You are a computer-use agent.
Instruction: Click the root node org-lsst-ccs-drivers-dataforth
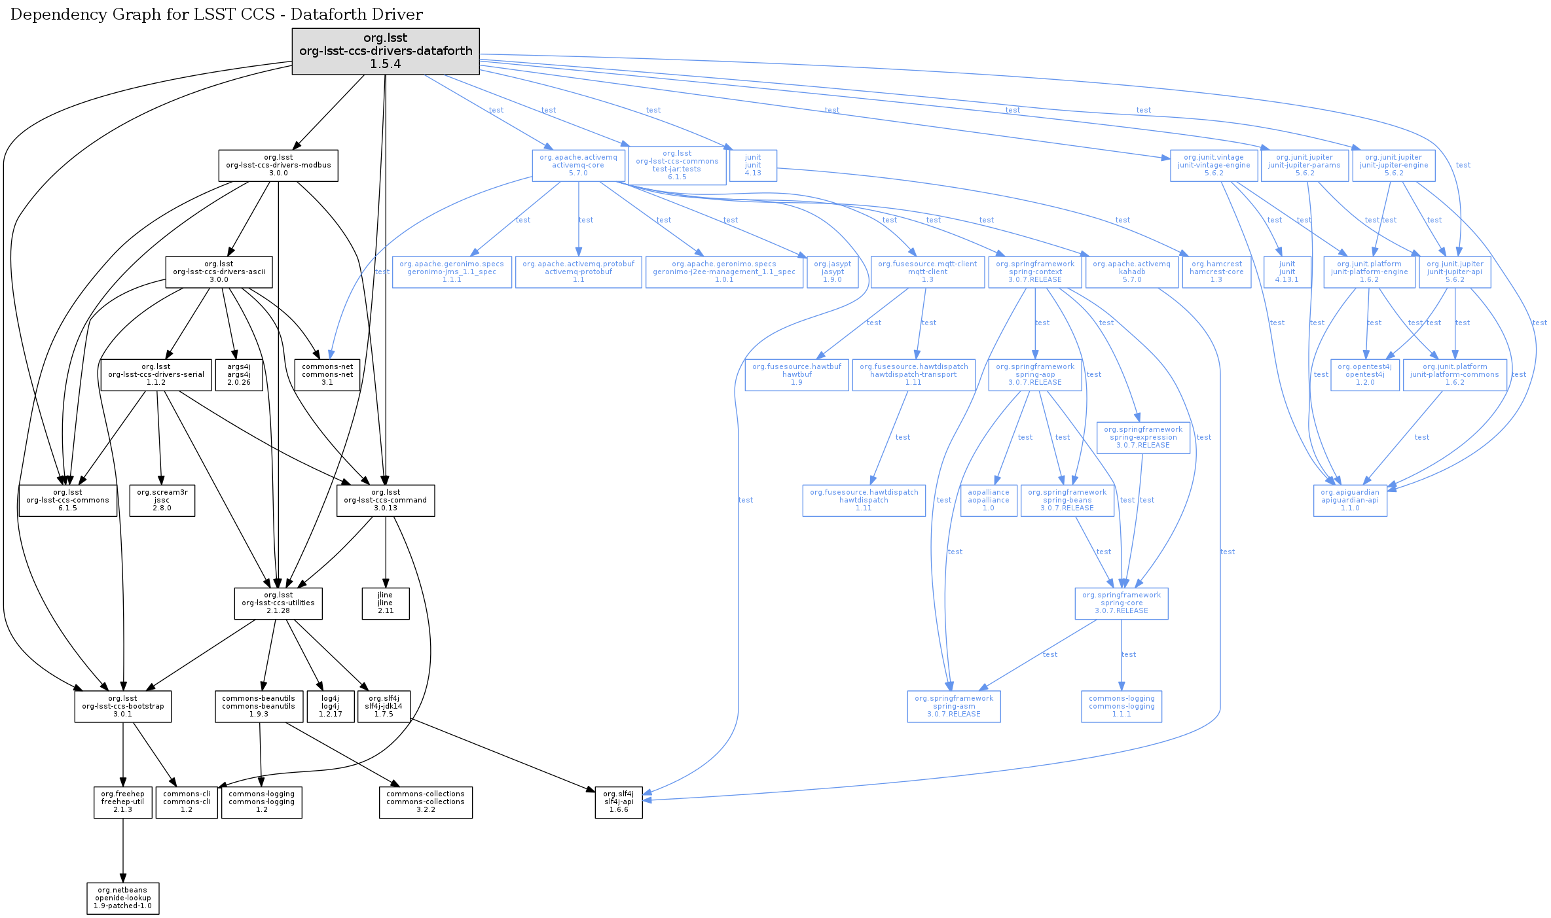coord(386,51)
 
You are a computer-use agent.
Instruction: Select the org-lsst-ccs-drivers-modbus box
coord(278,166)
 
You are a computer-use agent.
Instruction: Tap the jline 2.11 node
coord(386,603)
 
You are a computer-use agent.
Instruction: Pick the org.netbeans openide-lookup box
coord(123,898)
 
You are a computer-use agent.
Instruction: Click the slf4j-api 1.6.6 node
coord(619,802)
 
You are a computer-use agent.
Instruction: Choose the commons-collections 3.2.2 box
coord(426,802)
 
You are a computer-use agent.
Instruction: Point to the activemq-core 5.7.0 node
coord(578,166)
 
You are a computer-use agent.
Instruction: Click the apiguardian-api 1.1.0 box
coord(1350,501)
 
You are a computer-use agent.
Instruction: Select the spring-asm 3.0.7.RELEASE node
coord(954,707)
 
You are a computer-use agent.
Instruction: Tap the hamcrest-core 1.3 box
coord(1216,272)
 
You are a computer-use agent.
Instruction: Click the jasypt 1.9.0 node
coord(833,272)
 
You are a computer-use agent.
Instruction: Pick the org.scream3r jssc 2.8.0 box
coord(162,501)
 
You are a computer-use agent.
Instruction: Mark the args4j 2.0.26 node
coord(239,375)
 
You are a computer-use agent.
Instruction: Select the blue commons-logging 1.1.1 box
coord(1122,707)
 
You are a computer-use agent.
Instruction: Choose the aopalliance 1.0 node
coord(989,501)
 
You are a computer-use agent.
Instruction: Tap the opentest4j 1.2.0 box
coord(1365,375)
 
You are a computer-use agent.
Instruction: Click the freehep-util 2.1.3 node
coord(123,802)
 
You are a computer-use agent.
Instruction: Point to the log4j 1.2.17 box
coord(331,707)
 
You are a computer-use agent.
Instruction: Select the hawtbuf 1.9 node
coord(797,375)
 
